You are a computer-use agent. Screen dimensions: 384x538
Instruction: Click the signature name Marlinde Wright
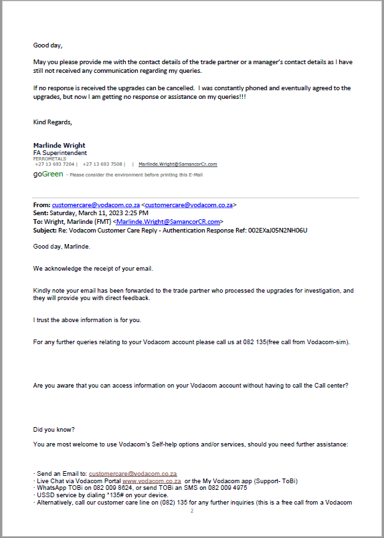(x=59, y=146)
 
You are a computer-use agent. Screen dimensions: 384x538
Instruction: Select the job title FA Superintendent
(x=60, y=152)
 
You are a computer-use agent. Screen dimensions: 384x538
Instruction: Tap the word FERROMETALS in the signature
(x=45, y=158)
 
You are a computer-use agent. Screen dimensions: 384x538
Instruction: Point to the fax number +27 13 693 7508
(x=103, y=164)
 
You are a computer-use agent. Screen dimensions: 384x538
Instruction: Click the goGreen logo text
(x=48, y=174)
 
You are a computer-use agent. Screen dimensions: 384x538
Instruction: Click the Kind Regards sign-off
(x=52, y=122)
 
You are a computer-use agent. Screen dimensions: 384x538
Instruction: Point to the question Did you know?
(x=54, y=429)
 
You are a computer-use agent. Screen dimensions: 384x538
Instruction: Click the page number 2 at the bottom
(x=191, y=511)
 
